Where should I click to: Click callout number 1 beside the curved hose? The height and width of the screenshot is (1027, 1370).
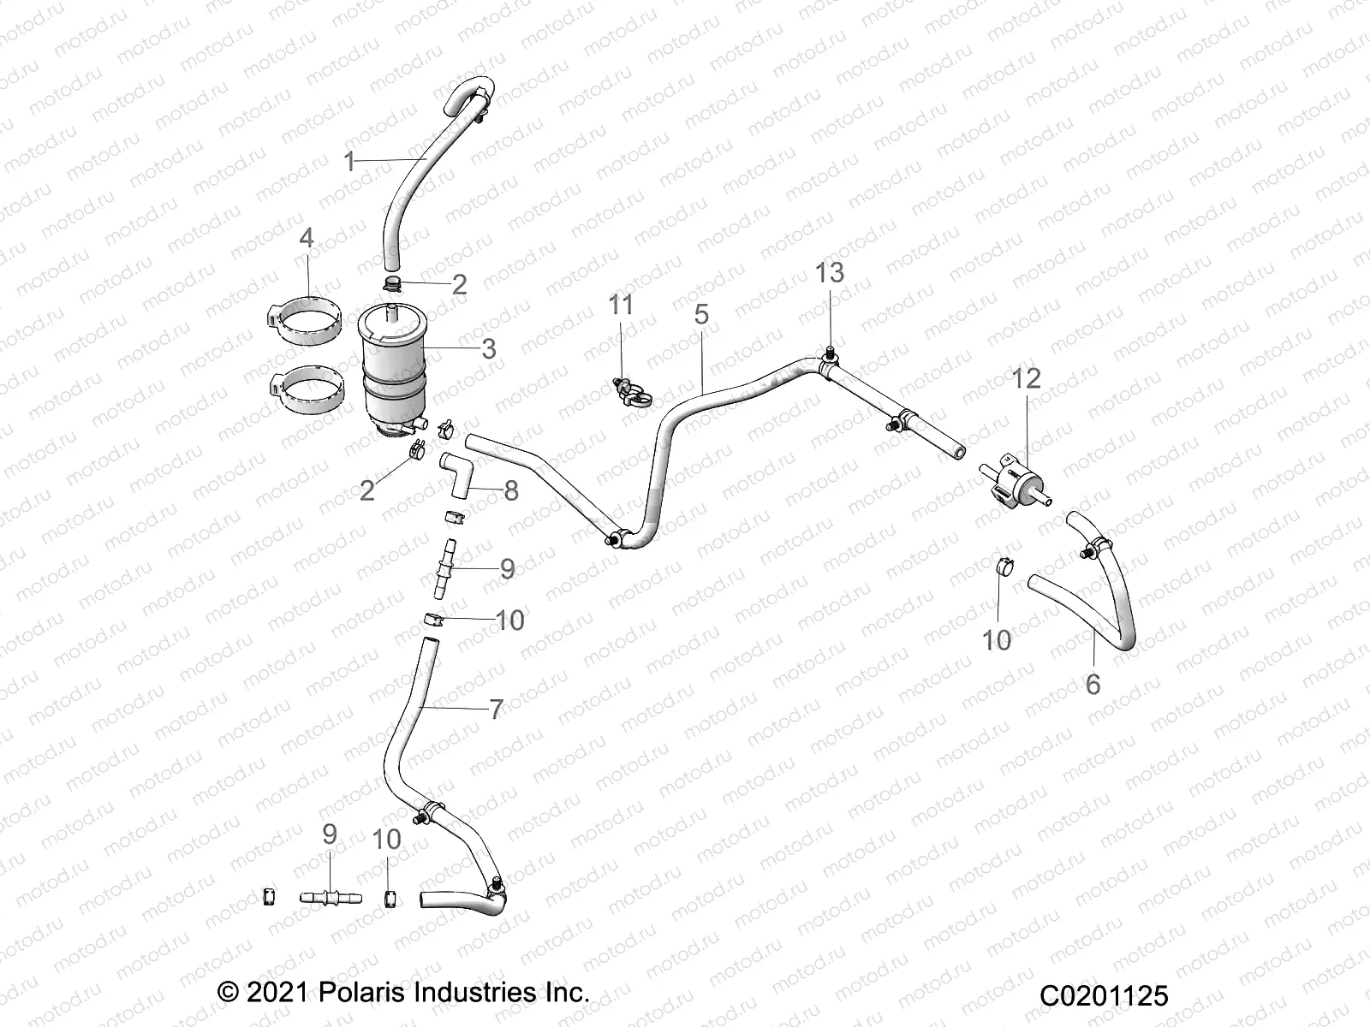point(348,161)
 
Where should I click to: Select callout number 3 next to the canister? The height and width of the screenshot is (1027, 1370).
point(489,348)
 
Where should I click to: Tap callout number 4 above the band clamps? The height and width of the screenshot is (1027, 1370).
point(307,237)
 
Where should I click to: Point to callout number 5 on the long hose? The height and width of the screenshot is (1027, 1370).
point(701,314)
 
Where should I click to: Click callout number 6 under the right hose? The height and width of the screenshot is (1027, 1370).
point(1093,685)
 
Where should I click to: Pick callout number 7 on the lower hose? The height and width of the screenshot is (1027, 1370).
point(496,709)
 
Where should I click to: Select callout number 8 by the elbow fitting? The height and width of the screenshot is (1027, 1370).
point(511,490)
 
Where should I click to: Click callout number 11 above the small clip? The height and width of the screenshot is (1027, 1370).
point(621,304)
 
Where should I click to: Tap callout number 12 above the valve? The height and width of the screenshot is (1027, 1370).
point(1027,377)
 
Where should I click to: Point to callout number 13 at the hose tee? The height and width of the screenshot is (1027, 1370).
point(830,272)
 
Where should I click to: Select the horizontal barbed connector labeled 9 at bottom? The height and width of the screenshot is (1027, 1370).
point(331,897)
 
